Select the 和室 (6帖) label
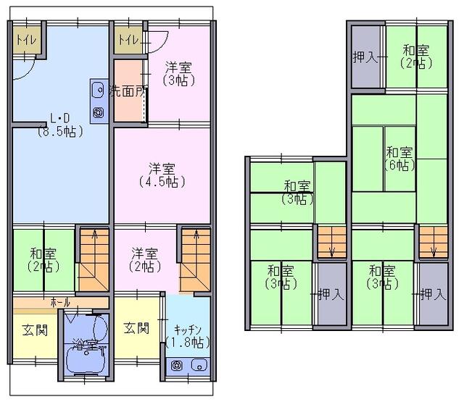tap(399, 159)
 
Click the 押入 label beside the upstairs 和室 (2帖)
tap(365, 57)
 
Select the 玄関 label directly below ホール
tap(33, 330)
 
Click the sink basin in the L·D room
tap(99, 91)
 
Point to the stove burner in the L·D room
tap(99, 112)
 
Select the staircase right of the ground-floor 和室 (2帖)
tap(91, 258)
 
